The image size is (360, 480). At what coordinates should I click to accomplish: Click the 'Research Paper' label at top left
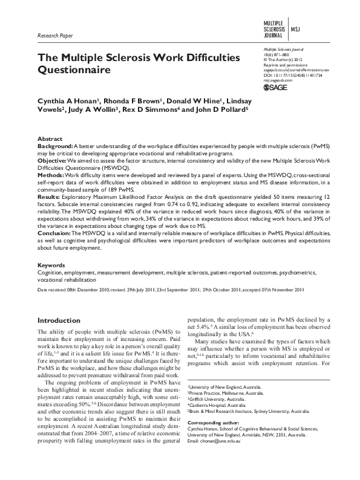(x=55, y=36)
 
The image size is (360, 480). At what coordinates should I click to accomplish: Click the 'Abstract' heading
(x=50, y=139)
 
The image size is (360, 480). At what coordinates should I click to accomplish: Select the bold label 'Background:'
(x=55, y=147)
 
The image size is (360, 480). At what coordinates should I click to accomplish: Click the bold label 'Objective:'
(x=53, y=161)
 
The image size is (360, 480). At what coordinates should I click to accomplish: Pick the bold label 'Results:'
(x=50, y=197)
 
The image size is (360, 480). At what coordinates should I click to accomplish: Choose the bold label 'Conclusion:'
(x=56, y=233)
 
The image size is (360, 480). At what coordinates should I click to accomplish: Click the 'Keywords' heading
(x=51, y=265)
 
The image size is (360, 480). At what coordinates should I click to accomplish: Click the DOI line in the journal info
(x=292, y=76)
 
